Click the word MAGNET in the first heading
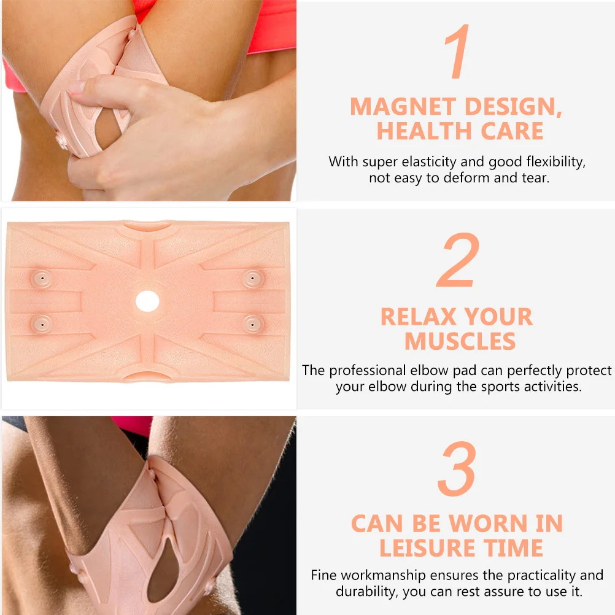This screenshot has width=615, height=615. (403, 107)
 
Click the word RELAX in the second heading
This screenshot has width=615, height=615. (418, 317)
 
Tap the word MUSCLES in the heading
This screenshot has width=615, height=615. (460, 341)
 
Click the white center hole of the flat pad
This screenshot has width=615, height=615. (147, 301)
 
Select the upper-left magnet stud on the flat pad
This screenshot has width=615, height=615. (42, 279)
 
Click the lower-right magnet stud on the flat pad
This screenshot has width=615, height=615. (252, 323)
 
